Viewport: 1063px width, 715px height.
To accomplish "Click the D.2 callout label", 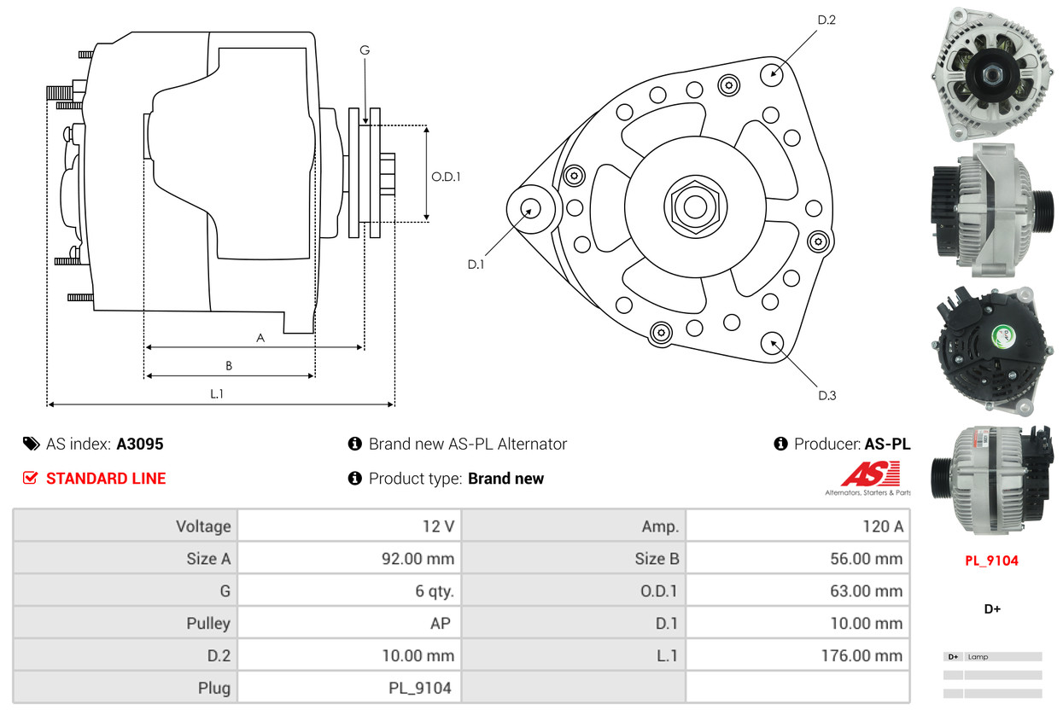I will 826,20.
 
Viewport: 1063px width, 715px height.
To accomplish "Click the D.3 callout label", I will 826,395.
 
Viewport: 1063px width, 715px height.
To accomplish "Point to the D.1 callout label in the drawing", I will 476,264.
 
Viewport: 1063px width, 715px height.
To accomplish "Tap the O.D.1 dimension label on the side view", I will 446,177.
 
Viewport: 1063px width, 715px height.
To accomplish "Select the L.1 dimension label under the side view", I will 217,393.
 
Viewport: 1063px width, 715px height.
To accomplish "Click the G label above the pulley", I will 365,50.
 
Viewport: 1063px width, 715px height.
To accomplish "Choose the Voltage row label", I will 203,526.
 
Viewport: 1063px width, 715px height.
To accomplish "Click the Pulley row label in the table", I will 208,623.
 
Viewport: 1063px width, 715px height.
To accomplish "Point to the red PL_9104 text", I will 991,561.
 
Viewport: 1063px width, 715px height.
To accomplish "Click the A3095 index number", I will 139,444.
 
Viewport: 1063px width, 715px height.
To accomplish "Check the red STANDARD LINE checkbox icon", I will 30,478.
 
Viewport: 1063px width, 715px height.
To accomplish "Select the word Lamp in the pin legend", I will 978,657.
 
